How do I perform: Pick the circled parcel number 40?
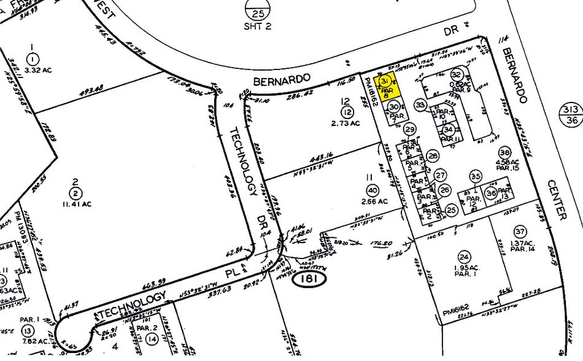coord(374,190)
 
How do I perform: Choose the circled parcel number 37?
coord(520,231)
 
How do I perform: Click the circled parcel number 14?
coord(152,338)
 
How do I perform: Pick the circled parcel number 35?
coord(476,176)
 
